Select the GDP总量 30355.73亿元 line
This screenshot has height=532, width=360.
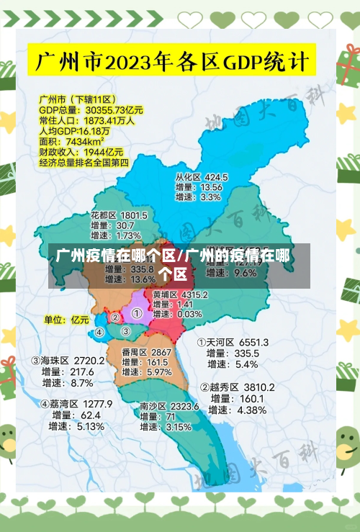(x=91, y=110)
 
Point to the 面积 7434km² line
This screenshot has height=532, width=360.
(x=71, y=142)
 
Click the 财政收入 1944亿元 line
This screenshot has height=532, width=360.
(x=81, y=153)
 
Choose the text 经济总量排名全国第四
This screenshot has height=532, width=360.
(x=84, y=163)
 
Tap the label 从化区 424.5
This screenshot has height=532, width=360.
(x=202, y=177)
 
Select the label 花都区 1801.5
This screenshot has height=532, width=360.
(x=119, y=215)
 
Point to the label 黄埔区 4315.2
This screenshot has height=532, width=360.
(x=180, y=294)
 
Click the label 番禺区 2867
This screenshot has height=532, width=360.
(x=146, y=352)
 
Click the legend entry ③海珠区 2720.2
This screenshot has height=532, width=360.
(x=68, y=360)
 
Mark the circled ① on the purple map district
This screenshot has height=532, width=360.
(x=136, y=314)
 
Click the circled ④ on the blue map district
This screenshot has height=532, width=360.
(x=99, y=333)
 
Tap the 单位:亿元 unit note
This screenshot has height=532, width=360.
(x=66, y=319)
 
